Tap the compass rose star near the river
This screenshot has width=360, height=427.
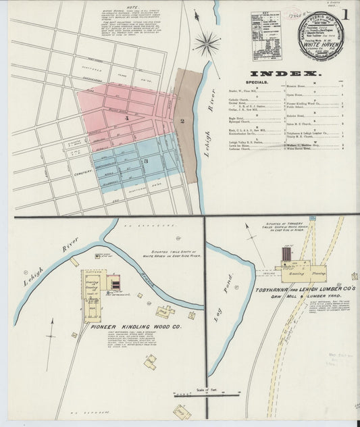tap(206, 45)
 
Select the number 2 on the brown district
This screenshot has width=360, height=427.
tap(182, 121)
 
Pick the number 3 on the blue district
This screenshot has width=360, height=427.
tap(145, 161)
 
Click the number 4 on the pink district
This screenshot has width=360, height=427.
tap(126, 119)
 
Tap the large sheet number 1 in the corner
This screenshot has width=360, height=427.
tap(345, 14)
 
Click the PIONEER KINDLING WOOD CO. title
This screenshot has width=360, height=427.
tap(136, 326)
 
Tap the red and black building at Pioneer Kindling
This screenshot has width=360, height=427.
tap(115, 282)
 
